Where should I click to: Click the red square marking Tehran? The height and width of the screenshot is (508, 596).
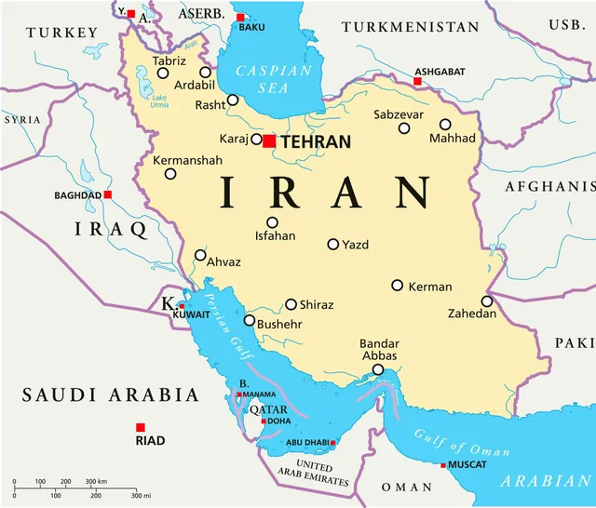[x=269, y=141]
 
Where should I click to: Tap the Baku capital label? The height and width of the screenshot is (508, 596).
[x=252, y=27]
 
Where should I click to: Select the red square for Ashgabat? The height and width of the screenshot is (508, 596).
[x=417, y=82]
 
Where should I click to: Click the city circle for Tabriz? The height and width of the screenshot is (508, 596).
[x=163, y=73]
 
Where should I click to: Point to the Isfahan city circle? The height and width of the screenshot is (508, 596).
[x=272, y=222]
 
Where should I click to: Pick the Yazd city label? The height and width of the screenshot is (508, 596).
[x=356, y=246]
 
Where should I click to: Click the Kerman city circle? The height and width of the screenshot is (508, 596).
[x=398, y=286]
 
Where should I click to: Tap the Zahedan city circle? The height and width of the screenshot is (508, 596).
[x=486, y=301]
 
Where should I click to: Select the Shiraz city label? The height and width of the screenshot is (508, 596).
[x=317, y=305]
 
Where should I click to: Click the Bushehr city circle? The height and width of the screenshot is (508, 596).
[x=250, y=320]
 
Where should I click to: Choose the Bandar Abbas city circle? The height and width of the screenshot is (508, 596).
[x=378, y=370]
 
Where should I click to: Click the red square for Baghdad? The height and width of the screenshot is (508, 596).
[x=108, y=194]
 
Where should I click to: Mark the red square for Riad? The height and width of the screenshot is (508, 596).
[x=140, y=427]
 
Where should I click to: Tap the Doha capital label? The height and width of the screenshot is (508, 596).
[x=278, y=421]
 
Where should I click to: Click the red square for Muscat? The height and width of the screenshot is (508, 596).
[x=443, y=464]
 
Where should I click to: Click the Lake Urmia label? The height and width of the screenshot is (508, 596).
[x=160, y=101]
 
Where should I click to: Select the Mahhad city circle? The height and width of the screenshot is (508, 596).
[x=445, y=124]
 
